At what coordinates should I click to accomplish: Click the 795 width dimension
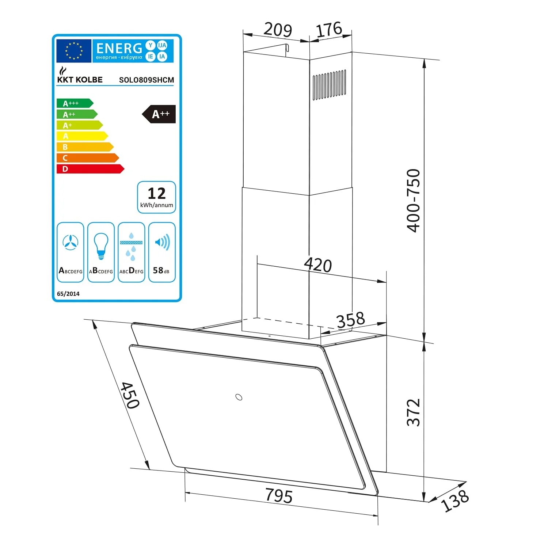[279, 496]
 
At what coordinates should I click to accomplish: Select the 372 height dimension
[413, 412]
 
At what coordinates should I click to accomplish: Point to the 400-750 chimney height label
[413, 200]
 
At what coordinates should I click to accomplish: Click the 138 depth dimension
[455, 501]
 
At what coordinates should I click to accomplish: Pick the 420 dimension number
[318, 265]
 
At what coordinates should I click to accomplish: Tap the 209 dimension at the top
[278, 29]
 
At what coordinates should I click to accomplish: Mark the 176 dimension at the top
[329, 30]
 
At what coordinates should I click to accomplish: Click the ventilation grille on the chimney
[329, 84]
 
